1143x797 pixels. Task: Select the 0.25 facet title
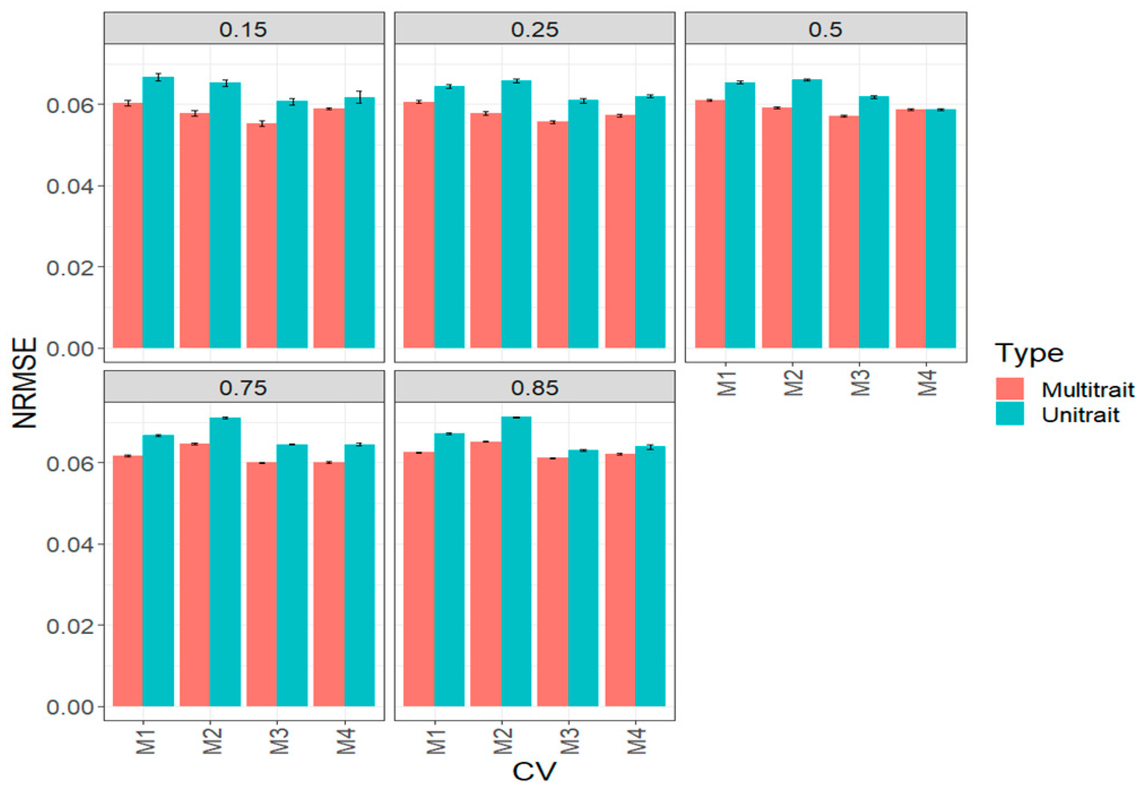pos(535,29)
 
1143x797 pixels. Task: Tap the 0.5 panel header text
pos(825,29)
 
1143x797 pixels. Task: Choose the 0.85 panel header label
pos(535,388)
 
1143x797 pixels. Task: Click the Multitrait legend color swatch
pos(1010,389)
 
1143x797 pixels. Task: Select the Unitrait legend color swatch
pos(1010,414)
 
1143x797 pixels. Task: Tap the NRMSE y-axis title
pos(25,383)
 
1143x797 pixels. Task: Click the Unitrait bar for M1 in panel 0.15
pos(158,214)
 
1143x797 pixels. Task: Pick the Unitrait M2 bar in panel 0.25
pos(516,214)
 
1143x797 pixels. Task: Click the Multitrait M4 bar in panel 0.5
pos(911,229)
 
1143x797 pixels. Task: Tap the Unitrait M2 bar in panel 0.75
pos(225,563)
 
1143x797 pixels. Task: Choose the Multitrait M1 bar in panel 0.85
pos(419,578)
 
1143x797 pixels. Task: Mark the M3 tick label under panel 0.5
pos(860,383)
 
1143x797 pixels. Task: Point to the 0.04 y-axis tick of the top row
pos(70,186)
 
